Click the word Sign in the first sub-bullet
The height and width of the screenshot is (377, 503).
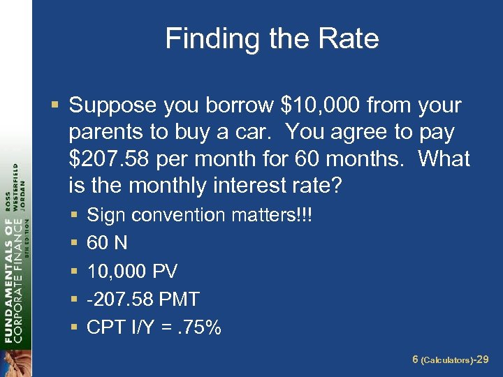click(105, 215)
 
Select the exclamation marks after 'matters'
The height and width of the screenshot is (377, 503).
click(307, 215)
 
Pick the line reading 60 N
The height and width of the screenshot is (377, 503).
click(107, 243)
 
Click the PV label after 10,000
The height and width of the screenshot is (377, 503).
click(164, 271)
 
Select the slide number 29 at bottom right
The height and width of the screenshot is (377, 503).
click(481, 360)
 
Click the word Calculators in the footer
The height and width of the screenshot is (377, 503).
click(446, 360)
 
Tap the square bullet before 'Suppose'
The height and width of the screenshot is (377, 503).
click(54, 106)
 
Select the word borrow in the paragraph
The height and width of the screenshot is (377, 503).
click(240, 105)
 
